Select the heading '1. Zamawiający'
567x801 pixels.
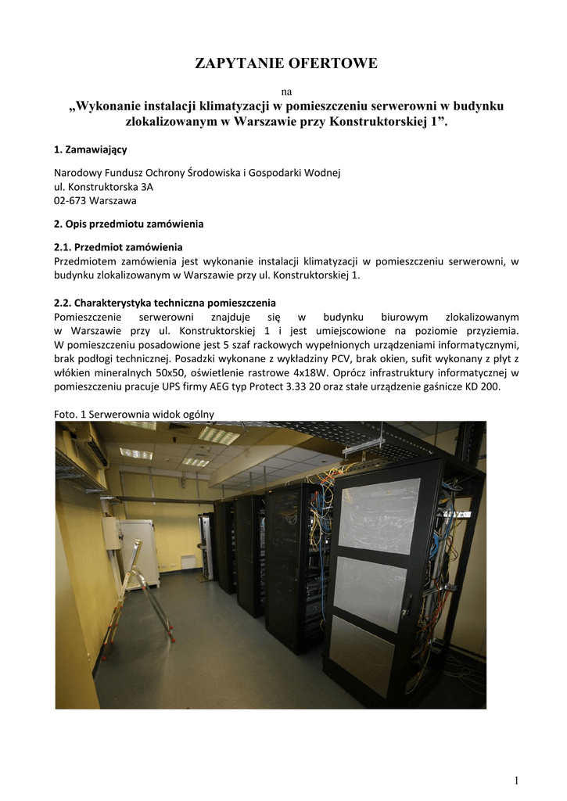click(90, 149)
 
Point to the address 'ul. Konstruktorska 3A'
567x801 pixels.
click(103, 187)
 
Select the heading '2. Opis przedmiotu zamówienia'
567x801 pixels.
click(128, 224)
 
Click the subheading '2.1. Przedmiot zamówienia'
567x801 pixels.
click(118, 246)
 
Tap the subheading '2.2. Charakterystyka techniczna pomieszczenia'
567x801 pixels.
click(164, 303)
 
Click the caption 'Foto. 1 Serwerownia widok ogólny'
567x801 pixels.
click(134, 414)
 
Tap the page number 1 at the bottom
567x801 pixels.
click(517, 780)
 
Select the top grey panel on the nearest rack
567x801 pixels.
click(378, 515)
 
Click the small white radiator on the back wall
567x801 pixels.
click(188, 562)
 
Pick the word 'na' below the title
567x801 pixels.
click(285, 92)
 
